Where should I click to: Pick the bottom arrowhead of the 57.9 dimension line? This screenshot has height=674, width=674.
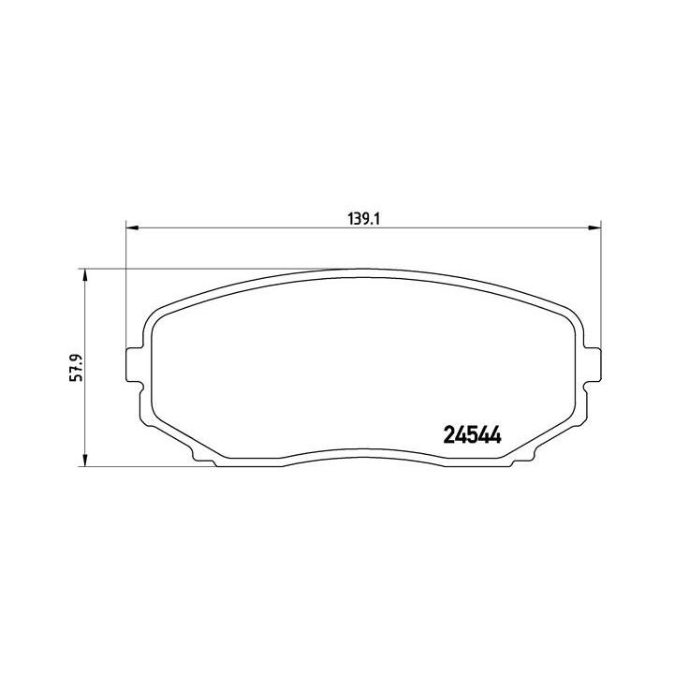86,460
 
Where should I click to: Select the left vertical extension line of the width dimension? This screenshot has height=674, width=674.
125,281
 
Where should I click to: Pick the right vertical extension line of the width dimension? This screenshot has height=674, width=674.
599,281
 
